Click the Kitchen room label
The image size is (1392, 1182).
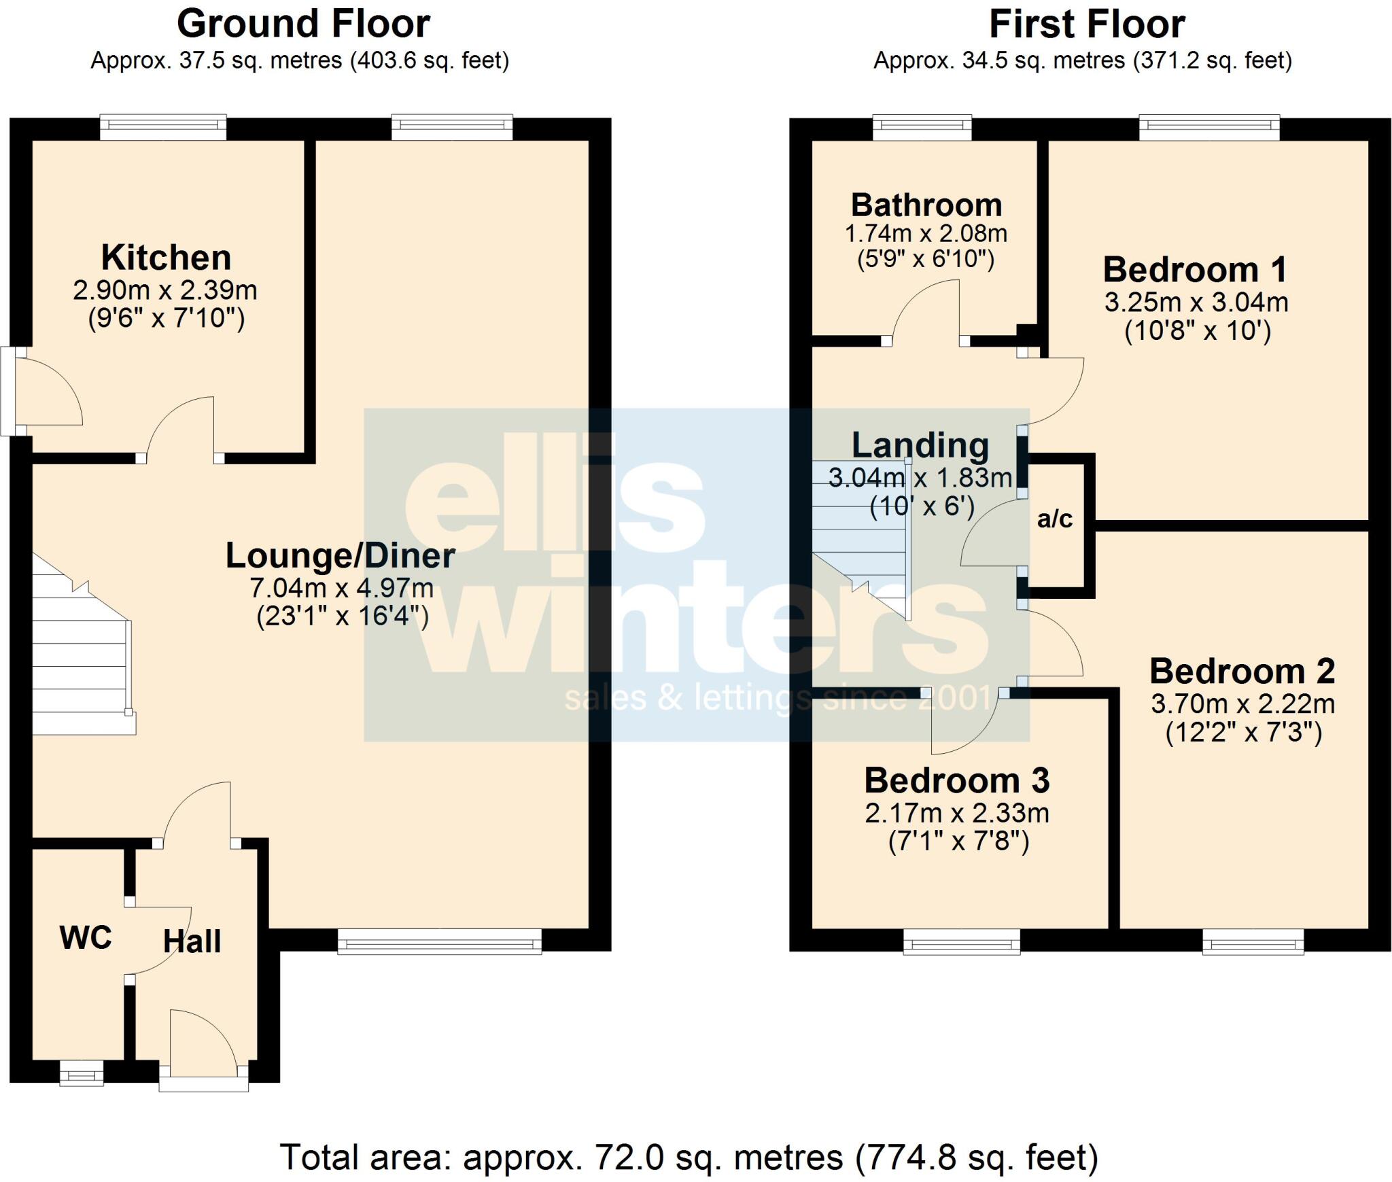coord(166,258)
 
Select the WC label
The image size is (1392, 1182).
coord(86,938)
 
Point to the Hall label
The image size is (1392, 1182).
coord(192,941)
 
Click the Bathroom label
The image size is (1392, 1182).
coord(926,205)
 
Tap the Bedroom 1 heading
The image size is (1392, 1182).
coord(1195,270)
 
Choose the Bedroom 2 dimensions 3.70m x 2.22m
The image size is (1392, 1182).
coord(1242,703)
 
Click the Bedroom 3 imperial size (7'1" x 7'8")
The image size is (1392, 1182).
coord(958,841)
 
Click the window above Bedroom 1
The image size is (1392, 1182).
coord(1209,126)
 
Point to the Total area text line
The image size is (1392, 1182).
coord(689,1157)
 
